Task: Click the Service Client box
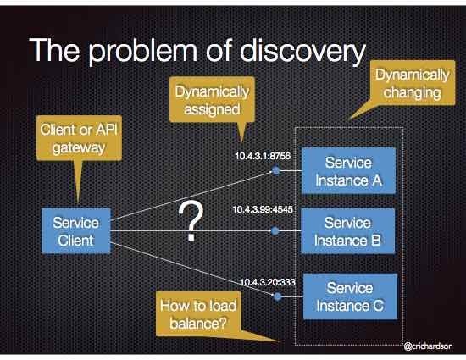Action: point(76,231)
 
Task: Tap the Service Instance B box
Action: point(349,230)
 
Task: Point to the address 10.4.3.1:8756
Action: point(264,157)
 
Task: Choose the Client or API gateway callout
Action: point(75,141)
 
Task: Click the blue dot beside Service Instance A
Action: point(276,170)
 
